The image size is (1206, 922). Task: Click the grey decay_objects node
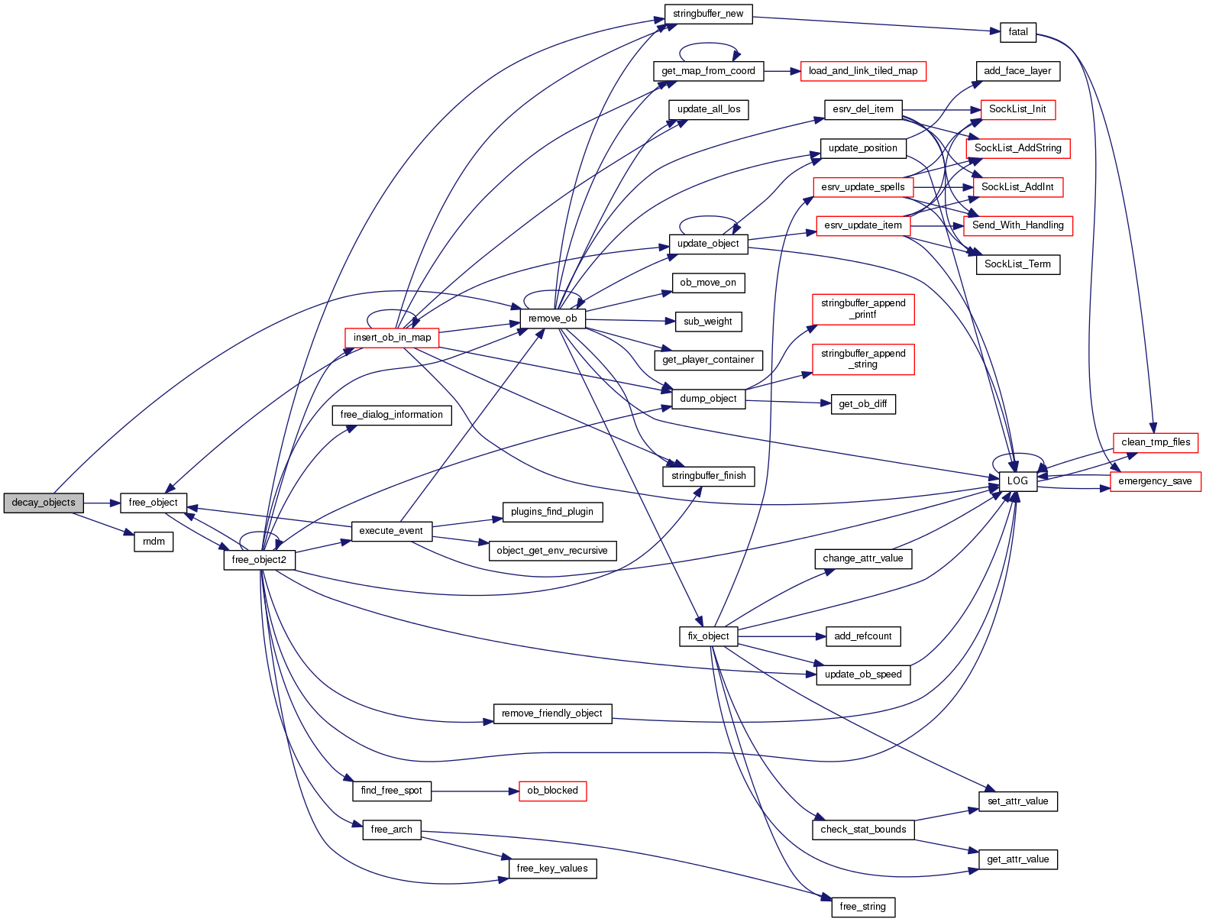coord(44,503)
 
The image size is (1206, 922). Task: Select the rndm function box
coord(154,542)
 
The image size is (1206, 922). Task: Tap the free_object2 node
coord(259,560)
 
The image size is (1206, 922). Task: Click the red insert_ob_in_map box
coord(392,338)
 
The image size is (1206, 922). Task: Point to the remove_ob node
coord(552,319)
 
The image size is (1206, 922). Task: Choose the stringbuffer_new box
coord(708,14)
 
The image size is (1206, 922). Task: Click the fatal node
coord(1018,32)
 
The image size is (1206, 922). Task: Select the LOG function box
coord(1017,481)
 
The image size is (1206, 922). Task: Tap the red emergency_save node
coord(1155,481)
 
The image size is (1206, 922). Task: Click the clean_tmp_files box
coord(1156,442)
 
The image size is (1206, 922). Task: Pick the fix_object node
coord(708,636)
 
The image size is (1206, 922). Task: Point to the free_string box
coord(862,907)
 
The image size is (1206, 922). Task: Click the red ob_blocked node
coord(552,791)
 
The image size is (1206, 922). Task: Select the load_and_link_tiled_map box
coord(863,71)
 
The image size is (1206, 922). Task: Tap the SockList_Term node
coord(1017,264)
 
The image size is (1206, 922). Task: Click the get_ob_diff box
coord(862,404)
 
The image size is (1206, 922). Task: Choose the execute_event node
coord(391,531)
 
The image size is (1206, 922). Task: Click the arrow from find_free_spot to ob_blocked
coord(474,791)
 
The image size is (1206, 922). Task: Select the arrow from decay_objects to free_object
coord(102,503)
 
